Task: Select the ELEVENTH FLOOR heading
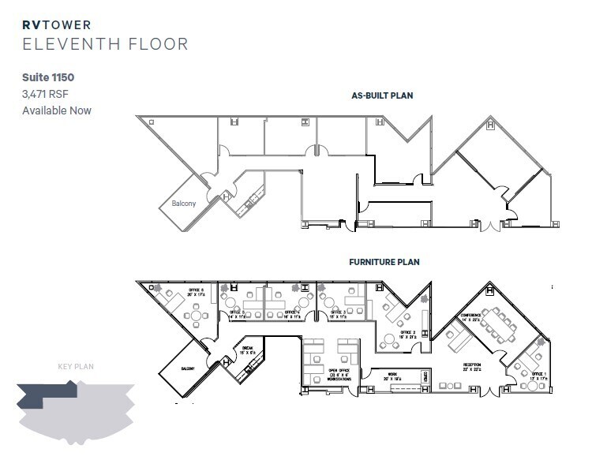click(105, 44)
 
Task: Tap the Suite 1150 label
click(48, 78)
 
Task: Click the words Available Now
click(57, 110)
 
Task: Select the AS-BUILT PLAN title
click(382, 95)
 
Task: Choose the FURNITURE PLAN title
click(384, 262)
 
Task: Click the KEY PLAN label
click(76, 366)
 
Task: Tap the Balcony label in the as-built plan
click(183, 204)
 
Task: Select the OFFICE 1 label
click(538, 375)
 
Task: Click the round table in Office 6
click(194, 316)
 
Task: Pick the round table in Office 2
click(389, 342)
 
